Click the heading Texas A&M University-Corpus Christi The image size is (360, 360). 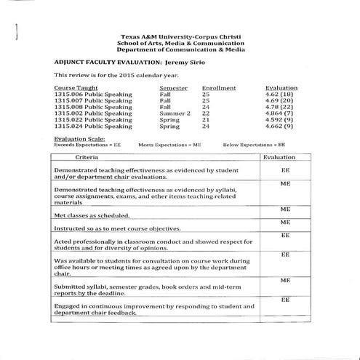(x=182, y=36)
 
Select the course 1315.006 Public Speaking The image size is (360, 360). (x=93, y=94)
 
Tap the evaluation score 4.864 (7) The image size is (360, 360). (x=280, y=113)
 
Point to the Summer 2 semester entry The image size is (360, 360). (x=175, y=113)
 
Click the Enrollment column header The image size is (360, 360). (x=219, y=87)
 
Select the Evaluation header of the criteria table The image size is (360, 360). (x=279, y=157)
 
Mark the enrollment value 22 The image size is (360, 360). (x=206, y=113)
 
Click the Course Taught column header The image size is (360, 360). (x=76, y=87)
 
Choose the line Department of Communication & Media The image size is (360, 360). (x=182, y=51)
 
